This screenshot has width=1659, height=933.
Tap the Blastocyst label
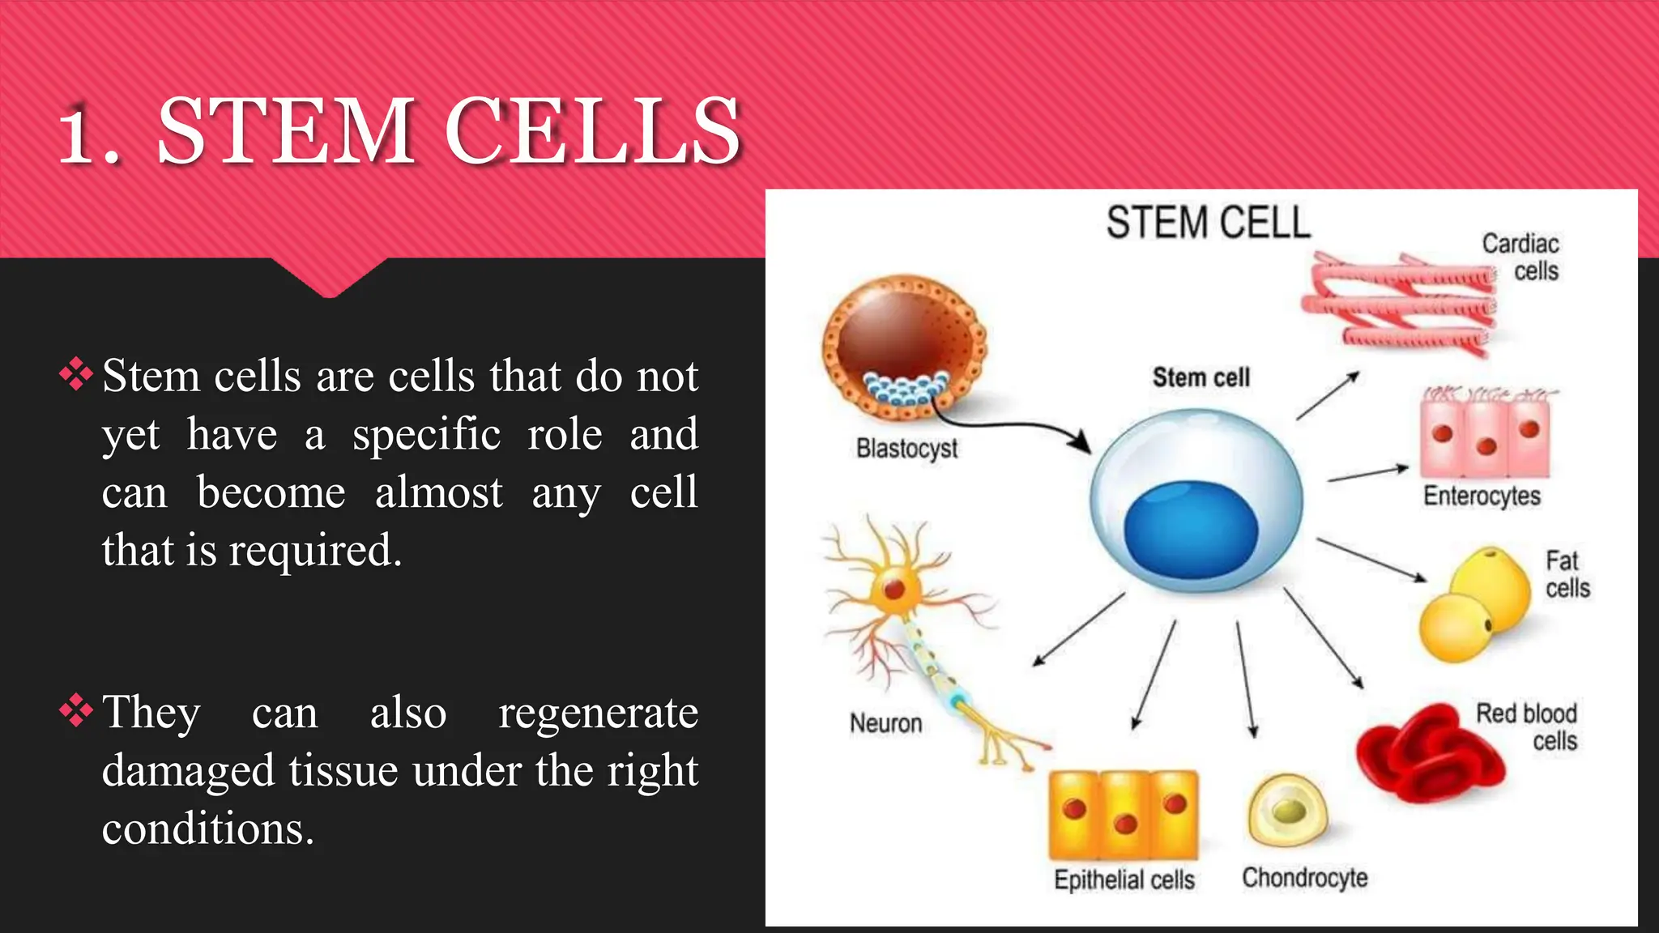tap(906, 448)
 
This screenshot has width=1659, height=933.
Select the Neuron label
tap(885, 722)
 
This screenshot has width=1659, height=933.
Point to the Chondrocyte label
tap(1304, 877)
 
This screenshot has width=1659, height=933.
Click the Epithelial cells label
tap(1124, 880)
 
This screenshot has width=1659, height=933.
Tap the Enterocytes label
tap(1482, 496)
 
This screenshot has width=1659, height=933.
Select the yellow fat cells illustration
tap(1470, 603)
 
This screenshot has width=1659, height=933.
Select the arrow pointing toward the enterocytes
tap(1368, 474)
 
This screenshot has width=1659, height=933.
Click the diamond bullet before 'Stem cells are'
tap(76, 375)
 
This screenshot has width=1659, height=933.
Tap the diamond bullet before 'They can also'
tap(76, 711)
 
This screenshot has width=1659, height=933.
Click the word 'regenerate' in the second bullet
tap(598, 713)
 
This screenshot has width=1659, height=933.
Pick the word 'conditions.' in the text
tap(208, 829)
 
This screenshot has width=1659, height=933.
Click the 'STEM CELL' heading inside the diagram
tap(1208, 223)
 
